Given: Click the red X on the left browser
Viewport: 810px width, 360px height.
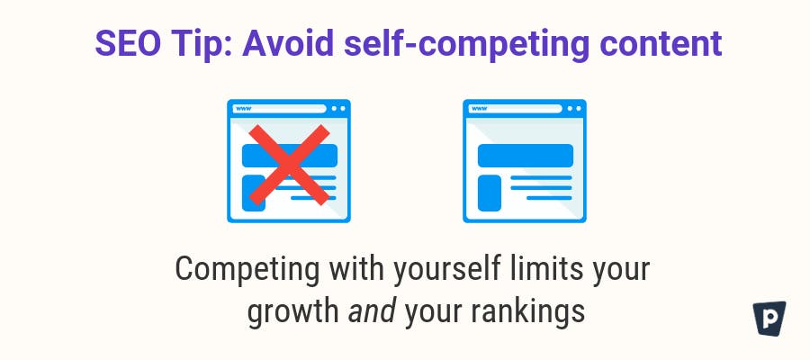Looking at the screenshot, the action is click(x=289, y=165).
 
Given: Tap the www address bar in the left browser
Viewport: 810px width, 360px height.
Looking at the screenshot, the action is click(x=279, y=109).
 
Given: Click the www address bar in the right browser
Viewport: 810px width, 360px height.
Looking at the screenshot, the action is click(x=515, y=109).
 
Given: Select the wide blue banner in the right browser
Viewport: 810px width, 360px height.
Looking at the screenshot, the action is click(x=526, y=156).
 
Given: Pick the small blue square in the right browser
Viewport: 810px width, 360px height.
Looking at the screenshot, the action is click(x=490, y=193).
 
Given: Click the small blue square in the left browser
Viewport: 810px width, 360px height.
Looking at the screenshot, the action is click(x=254, y=193).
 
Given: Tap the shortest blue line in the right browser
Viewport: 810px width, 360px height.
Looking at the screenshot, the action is click(x=549, y=198).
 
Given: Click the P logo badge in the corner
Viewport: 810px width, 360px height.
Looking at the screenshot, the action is click(x=769, y=318).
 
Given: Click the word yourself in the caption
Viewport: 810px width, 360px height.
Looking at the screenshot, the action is click(x=446, y=269).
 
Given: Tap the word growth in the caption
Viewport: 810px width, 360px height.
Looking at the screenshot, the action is click(x=292, y=313).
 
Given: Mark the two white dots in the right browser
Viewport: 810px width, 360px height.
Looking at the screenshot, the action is click(x=573, y=109).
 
